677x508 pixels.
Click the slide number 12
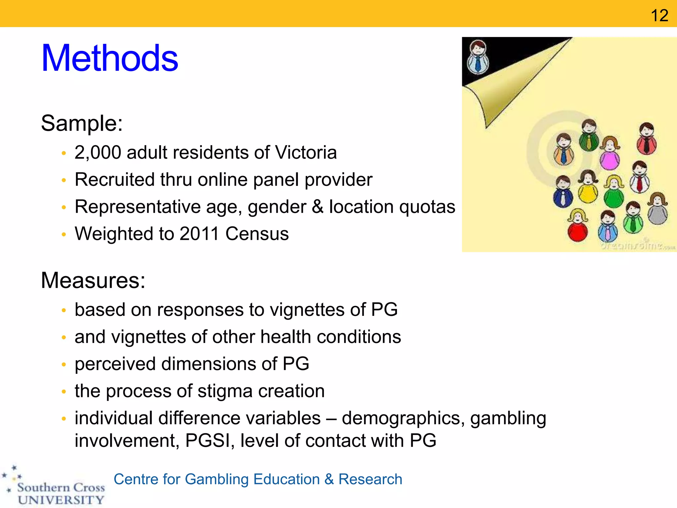coord(659,15)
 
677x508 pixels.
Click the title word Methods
coord(110,59)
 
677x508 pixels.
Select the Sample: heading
coord(82,123)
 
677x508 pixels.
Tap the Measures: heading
coord(93,280)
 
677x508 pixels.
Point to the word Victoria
coord(306,152)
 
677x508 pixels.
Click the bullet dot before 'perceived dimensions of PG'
coord(64,364)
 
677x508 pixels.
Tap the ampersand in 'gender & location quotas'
coord(317,207)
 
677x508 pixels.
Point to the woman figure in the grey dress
coord(658,210)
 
